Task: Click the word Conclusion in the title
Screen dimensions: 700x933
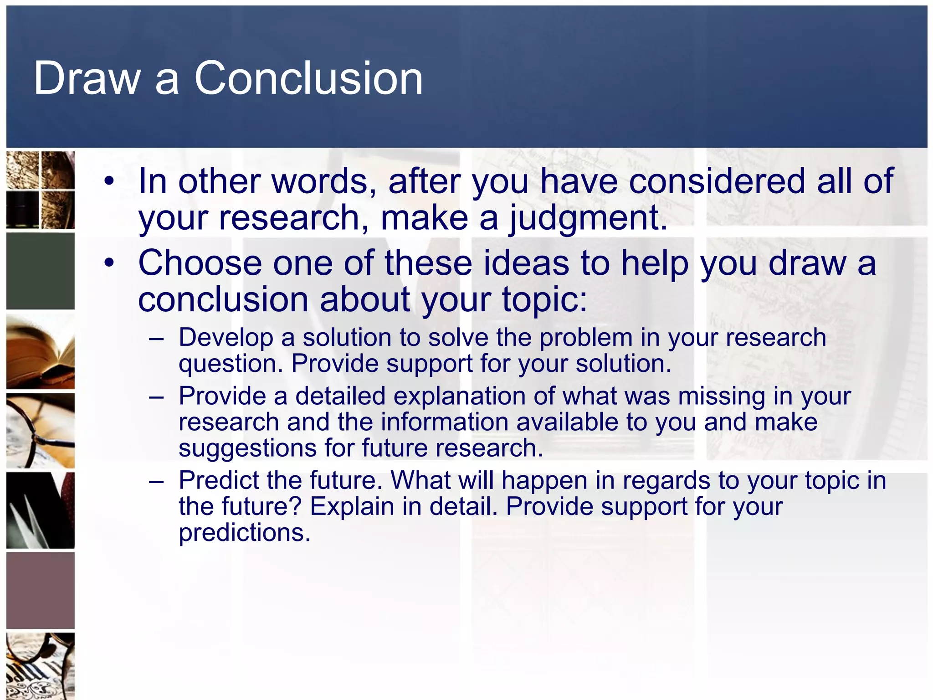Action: [308, 78]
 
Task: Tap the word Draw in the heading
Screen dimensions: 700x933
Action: [87, 78]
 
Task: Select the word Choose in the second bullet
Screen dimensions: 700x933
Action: [200, 263]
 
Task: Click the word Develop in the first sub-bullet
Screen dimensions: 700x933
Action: [226, 338]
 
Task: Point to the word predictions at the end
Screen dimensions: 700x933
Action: [244, 533]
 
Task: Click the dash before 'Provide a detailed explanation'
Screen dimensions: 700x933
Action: [156, 397]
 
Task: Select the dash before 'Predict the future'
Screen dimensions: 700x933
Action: [156, 481]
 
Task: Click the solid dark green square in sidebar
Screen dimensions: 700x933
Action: [41, 271]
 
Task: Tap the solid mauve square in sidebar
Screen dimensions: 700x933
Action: [41, 590]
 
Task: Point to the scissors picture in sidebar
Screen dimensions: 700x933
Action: [41, 510]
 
